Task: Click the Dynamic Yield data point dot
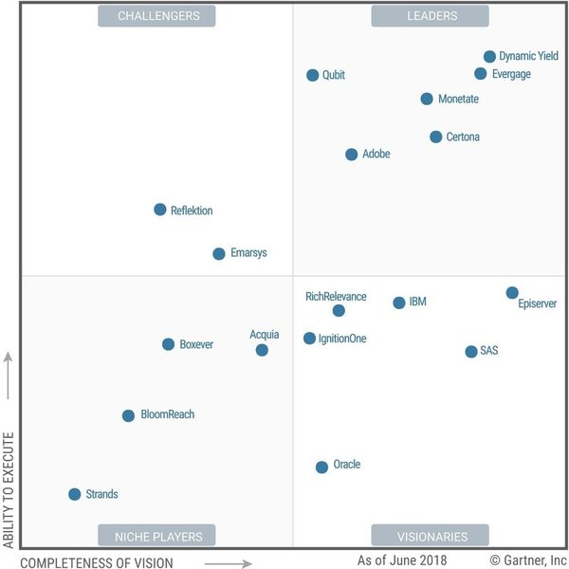(x=489, y=57)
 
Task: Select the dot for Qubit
(x=313, y=75)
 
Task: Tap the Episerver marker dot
(x=512, y=293)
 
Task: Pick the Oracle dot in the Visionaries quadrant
(x=322, y=467)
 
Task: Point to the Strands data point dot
(x=75, y=494)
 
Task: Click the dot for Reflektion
(x=160, y=210)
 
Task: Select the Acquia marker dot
(x=263, y=350)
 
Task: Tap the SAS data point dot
(x=471, y=352)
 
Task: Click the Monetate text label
(x=458, y=99)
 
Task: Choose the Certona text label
(x=463, y=137)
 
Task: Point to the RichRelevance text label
(x=336, y=297)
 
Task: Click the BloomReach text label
(x=168, y=415)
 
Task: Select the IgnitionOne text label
(x=342, y=339)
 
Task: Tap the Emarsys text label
(x=248, y=253)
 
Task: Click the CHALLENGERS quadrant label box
(x=157, y=16)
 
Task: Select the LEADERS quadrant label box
(x=431, y=16)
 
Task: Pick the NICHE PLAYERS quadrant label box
(x=157, y=536)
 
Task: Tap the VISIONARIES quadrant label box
(x=431, y=536)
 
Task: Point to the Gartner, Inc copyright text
(x=528, y=561)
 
